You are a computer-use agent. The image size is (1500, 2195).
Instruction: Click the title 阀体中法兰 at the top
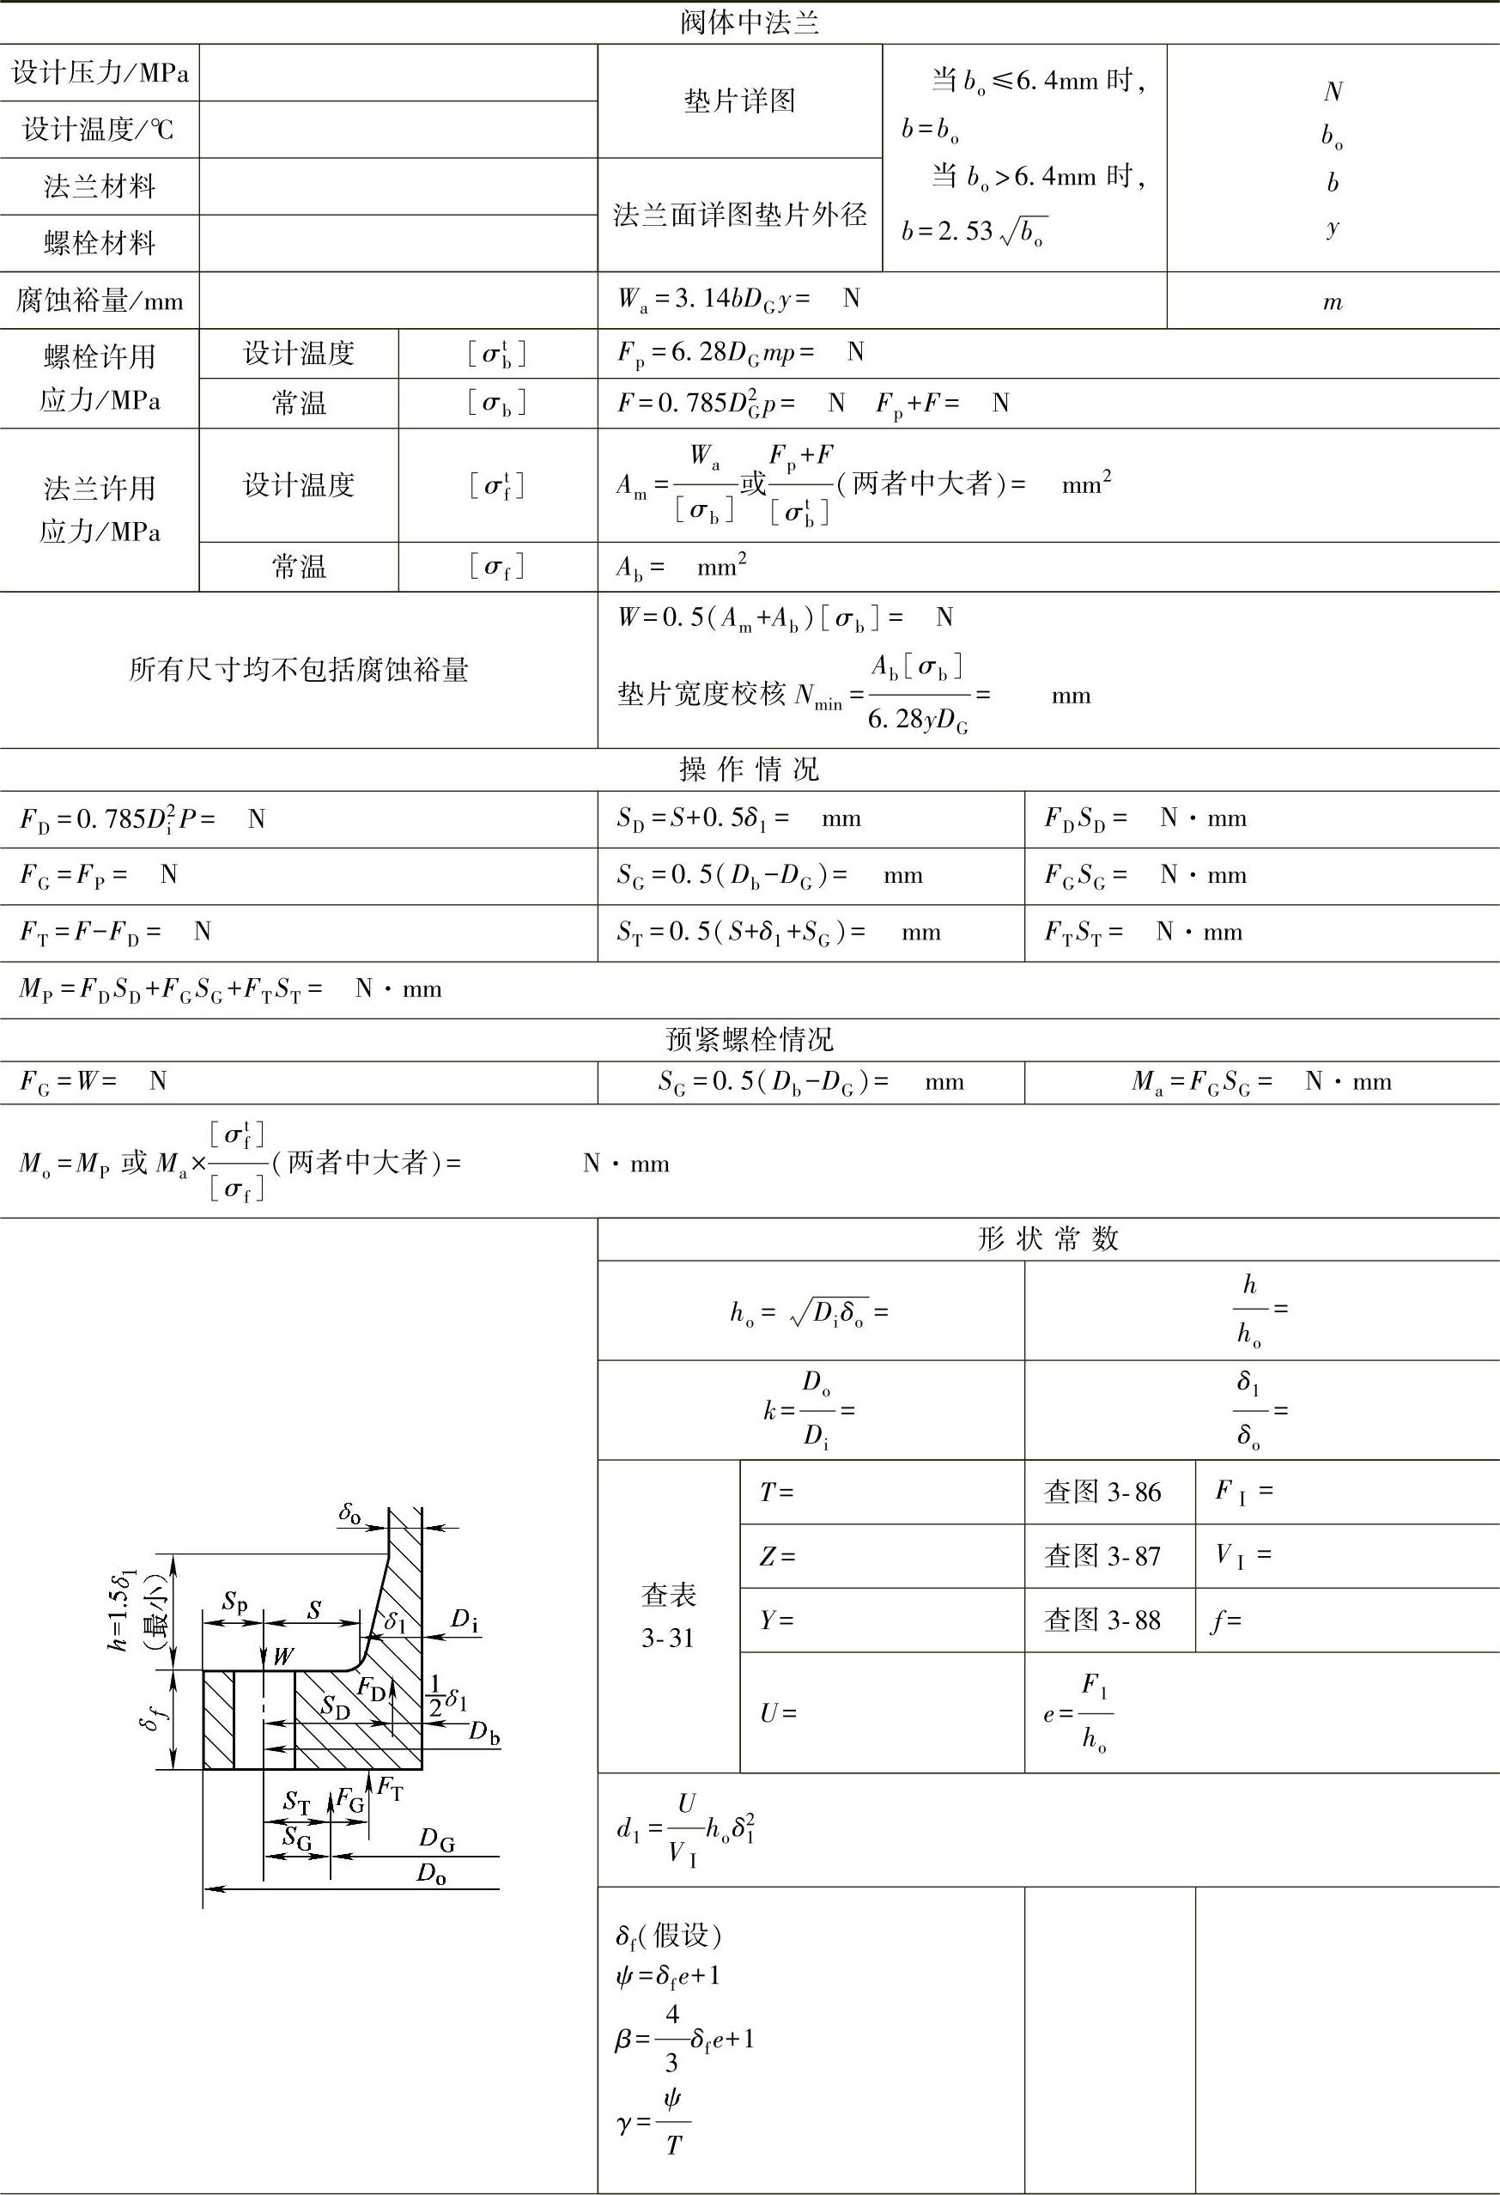click(749, 21)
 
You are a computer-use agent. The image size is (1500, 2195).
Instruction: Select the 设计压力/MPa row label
click(100, 73)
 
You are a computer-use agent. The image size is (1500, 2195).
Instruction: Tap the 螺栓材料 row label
click(100, 244)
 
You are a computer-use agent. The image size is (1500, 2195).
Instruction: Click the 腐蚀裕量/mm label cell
click(100, 301)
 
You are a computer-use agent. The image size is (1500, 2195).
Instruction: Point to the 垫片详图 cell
click(739, 101)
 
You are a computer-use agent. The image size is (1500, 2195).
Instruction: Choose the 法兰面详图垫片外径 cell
click(739, 216)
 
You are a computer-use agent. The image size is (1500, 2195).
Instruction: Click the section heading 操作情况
click(749, 769)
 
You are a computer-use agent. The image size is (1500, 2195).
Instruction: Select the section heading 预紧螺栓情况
click(749, 1040)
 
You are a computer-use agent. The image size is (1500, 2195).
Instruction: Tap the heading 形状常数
click(1048, 1239)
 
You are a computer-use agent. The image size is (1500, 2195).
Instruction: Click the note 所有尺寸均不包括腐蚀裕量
click(299, 671)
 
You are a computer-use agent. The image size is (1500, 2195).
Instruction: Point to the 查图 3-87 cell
click(1102, 1555)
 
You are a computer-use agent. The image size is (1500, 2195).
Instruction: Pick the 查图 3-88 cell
click(1102, 1620)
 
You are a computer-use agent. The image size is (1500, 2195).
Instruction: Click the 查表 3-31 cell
click(668, 1616)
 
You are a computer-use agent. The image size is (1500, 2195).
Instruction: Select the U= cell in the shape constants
click(779, 1712)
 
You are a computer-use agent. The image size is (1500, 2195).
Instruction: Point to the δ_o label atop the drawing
click(349, 1514)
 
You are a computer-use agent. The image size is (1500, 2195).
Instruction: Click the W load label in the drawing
click(282, 1655)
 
